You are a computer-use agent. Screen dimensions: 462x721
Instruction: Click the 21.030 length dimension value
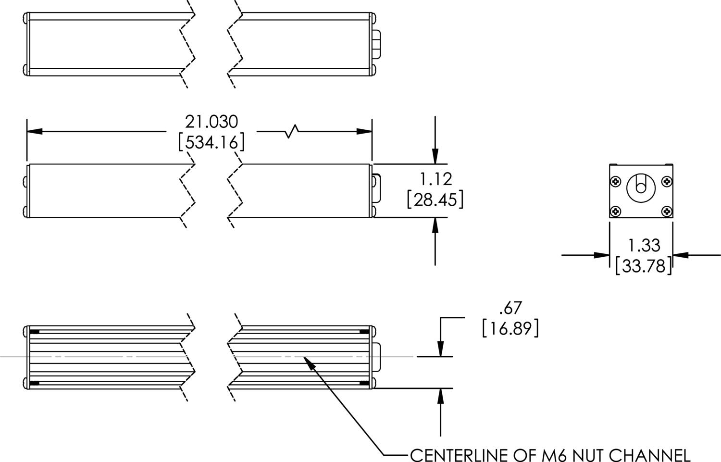[211, 122]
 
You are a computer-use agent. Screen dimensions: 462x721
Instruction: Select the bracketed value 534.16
[211, 143]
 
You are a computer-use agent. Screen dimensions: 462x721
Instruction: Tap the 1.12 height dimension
[436, 179]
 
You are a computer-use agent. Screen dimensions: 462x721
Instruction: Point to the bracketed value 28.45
[435, 200]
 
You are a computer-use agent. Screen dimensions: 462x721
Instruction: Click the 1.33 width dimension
[644, 246]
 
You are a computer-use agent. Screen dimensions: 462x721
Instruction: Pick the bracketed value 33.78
[644, 265]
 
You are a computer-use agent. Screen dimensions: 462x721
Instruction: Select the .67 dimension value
[510, 308]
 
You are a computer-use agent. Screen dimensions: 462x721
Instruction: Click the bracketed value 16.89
[510, 329]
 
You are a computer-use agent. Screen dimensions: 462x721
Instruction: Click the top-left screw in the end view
[616, 181]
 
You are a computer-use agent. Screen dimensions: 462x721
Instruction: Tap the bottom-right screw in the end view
[667, 211]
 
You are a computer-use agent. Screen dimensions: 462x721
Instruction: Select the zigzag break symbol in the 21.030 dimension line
[292, 131]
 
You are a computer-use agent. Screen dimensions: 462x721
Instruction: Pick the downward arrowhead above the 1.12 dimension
[435, 157]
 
